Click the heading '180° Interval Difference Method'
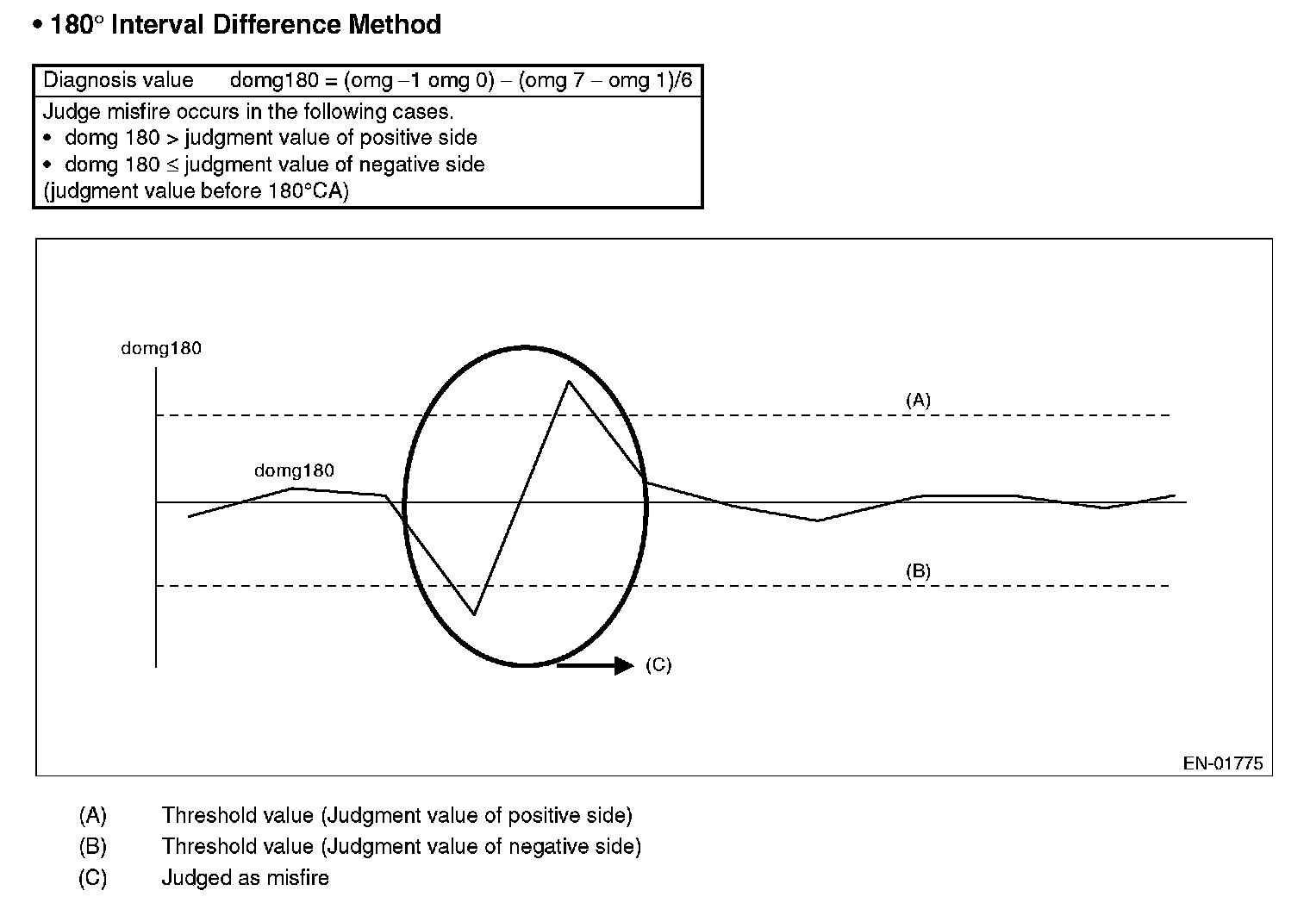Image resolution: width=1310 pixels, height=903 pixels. pos(245,24)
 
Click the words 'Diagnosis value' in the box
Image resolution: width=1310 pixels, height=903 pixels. pos(118,81)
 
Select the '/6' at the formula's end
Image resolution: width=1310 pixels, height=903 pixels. pos(683,81)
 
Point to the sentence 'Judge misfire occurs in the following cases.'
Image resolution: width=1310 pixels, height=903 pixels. pos(247,111)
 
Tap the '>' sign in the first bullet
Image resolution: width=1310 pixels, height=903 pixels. pos(171,138)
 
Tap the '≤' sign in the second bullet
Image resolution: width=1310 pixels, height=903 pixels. pos(172,165)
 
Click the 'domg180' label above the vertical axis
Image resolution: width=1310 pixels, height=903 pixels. pos(161,349)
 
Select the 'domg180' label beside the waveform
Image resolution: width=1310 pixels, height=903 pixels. pos(294,471)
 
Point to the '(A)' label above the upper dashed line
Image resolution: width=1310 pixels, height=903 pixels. pos(918,400)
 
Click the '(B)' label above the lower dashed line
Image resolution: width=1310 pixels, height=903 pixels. pos(918,570)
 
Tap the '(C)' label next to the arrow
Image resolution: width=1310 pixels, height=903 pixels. pos(658,665)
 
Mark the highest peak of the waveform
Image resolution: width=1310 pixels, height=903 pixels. pos(568,382)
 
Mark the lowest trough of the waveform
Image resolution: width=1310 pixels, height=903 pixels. pos(474,613)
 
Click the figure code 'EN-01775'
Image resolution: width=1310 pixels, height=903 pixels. pos(1222,763)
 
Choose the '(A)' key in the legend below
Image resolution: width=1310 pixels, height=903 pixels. pos(92,815)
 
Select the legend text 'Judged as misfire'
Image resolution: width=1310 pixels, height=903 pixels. pos(245,878)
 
